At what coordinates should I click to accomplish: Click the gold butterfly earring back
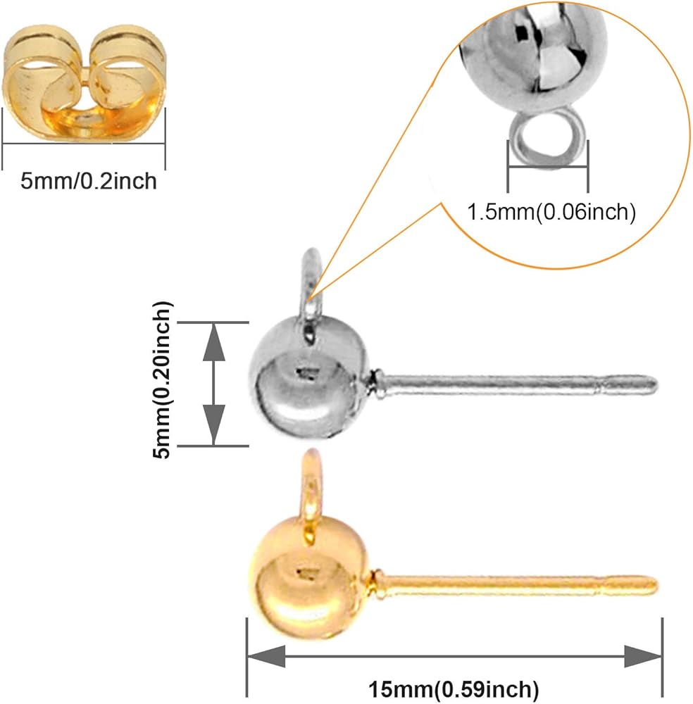(84, 83)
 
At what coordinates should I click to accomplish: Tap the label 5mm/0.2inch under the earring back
(89, 182)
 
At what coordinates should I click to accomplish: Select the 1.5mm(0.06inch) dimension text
(551, 212)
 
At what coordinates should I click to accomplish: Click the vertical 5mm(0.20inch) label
(162, 380)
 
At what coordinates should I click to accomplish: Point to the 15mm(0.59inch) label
(454, 688)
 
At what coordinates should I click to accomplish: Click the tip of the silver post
(656, 384)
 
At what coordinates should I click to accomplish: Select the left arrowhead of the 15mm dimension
(267, 656)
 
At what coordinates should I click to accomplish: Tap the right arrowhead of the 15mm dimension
(643, 656)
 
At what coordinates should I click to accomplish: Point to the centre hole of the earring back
(84, 118)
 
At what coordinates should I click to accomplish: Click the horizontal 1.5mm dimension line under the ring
(548, 167)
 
